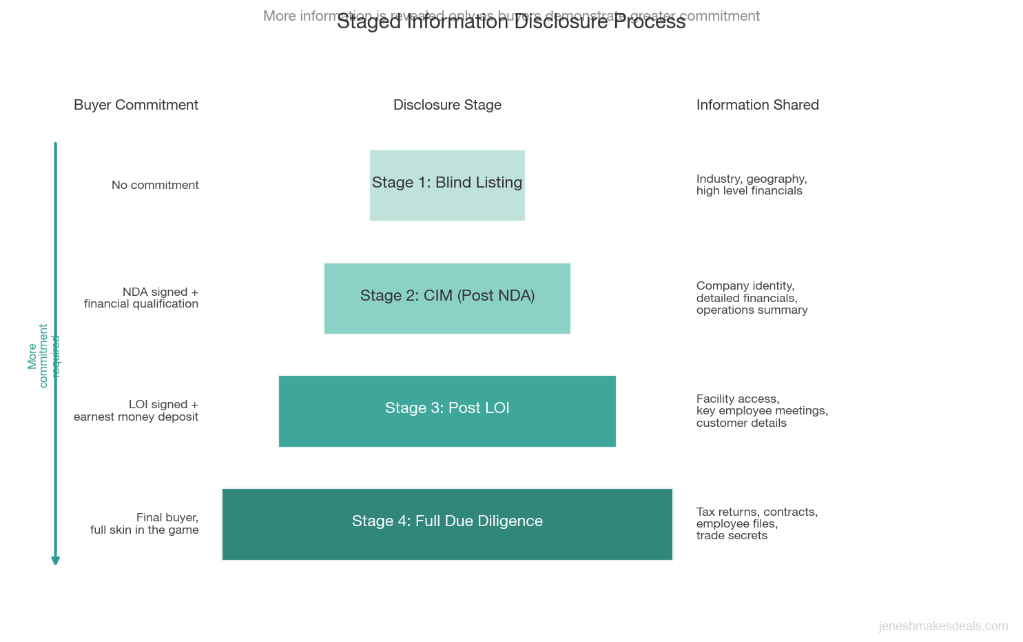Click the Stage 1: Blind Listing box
click(447, 185)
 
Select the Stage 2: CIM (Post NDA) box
click(447, 298)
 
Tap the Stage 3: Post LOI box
click(447, 411)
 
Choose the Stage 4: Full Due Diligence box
click(447, 524)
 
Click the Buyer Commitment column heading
click(136, 105)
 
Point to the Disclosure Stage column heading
click(447, 105)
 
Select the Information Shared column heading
click(757, 105)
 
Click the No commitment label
click(155, 185)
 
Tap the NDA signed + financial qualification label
click(141, 298)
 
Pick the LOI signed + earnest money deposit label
click(136, 410)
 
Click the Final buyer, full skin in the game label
click(145, 523)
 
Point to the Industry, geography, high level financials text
click(751, 185)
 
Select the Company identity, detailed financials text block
click(752, 298)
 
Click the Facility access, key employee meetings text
click(761, 410)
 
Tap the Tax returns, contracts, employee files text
click(756, 523)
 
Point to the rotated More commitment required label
click(43, 356)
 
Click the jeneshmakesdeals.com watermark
click(943, 626)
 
